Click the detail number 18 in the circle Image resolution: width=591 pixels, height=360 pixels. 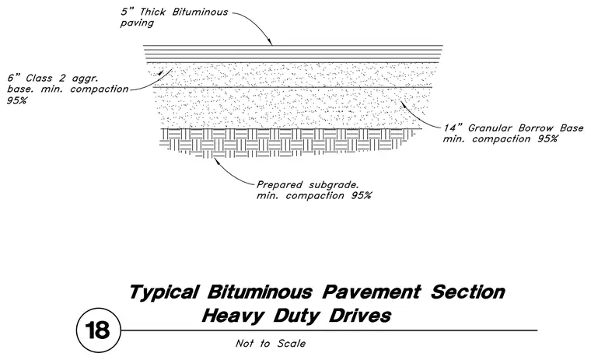[x=98, y=330]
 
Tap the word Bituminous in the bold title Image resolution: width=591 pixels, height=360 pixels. [x=260, y=292]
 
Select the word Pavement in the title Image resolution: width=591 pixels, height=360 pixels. [x=372, y=292]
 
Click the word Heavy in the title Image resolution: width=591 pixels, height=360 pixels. [x=233, y=316]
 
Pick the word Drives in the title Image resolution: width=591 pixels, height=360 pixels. [x=360, y=316]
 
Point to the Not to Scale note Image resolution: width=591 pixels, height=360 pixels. [x=271, y=344]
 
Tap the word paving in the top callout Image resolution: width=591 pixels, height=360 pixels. [x=137, y=23]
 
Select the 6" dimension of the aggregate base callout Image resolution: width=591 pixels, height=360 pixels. [x=14, y=78]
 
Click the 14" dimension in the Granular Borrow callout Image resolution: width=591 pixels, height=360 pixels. [x=453, y=128]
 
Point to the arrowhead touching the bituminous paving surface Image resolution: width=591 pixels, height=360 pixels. [x=270, y=42]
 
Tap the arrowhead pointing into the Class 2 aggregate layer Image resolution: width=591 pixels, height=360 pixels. [x=161, y=73]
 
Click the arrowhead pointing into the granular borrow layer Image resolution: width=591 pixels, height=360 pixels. [x=404, y=103]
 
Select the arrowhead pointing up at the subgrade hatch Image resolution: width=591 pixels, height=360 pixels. [x=216, y=161]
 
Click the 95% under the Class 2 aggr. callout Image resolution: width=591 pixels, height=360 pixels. [x=16, y=101]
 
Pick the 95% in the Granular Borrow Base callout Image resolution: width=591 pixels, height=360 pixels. [x=547, y=139]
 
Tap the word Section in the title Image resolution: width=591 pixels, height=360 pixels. [x=468, y=292]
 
